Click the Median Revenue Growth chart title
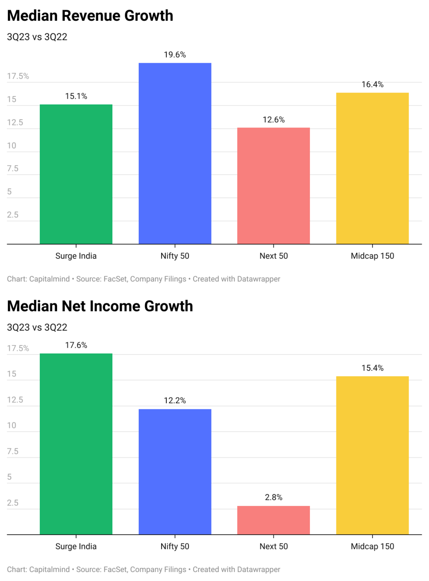tap(90, 16)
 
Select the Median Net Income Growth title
tap(100, 306)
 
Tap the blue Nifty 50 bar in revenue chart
tap(175, 153)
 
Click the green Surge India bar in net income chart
tap(76, 444)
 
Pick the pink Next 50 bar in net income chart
tap(274, 520)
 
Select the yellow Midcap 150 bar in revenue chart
tap(372, 168)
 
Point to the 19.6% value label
tap(175, 55)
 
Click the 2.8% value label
tap(274, 497)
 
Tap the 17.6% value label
tap(76, 345)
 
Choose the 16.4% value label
tap(372, 85)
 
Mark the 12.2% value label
tap(175, 401)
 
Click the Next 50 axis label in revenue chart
tap(274, 256)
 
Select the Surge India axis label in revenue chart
tap(76, 256)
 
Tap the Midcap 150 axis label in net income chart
tap(372, 547)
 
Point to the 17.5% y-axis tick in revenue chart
tap(18, 76)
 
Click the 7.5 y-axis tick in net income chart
tap(13, 451)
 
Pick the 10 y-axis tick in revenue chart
tap(12, 146)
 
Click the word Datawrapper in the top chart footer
tap(258, 279)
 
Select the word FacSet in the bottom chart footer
tap(115, 569)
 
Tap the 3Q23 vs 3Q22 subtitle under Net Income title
tap(37, 328)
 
